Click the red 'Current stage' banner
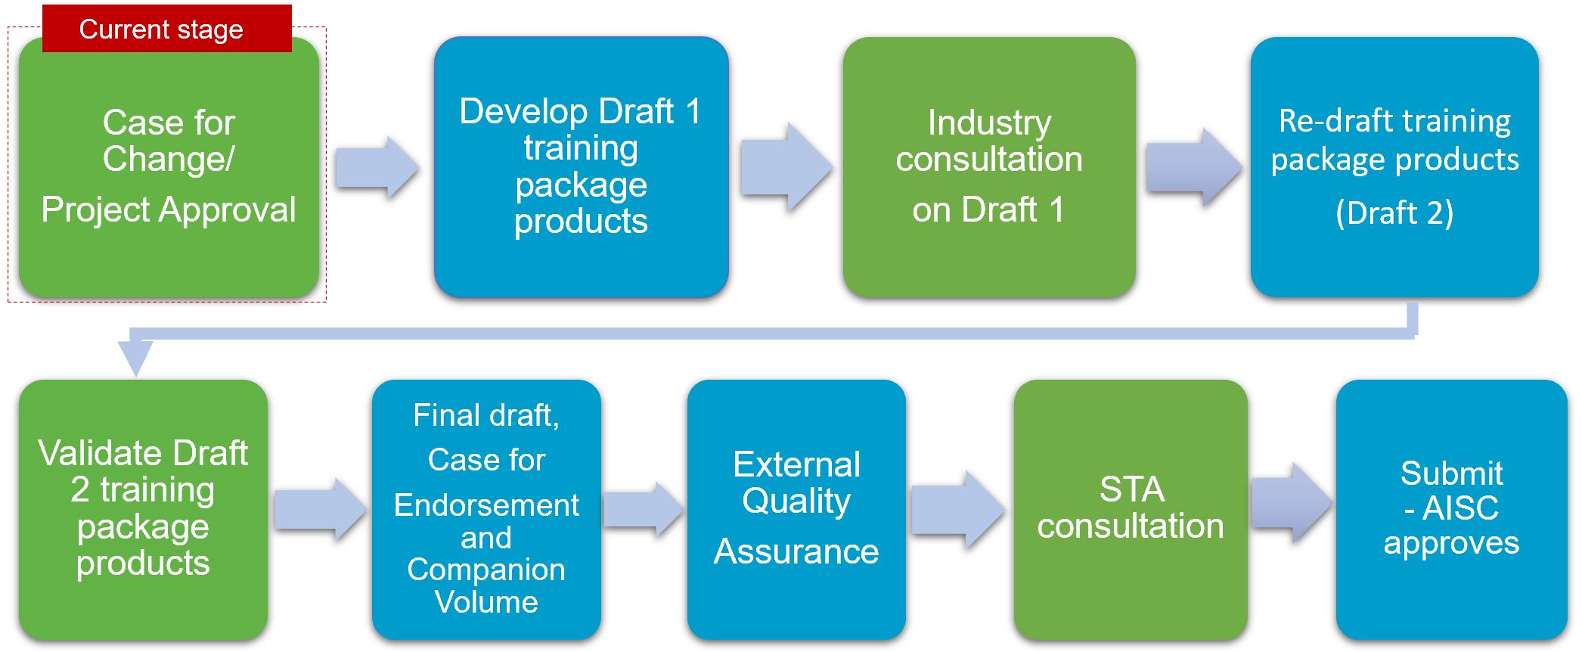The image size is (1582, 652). [167, 29]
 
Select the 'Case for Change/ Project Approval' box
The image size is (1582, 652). [169, 168]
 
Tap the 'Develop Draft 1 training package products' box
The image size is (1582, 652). [581, 166]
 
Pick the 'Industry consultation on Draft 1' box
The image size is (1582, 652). [989, 166]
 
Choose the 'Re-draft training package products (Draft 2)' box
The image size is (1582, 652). [1394, 166]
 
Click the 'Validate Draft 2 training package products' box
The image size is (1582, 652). [143, 510]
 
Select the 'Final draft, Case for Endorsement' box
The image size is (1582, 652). [486, 510]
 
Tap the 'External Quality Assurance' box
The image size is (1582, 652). [796, 510]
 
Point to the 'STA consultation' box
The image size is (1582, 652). [1131, 510]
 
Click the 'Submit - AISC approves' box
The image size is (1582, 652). [1451, 510]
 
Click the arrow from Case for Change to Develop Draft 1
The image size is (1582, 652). [377, 167]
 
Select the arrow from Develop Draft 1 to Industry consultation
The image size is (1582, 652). [786, 167]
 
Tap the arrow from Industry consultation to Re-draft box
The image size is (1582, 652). [1193, 167]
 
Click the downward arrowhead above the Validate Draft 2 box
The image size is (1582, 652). [136, 358]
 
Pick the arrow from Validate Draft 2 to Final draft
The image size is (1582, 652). [320, 509]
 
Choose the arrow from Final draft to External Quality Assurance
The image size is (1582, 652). [644, 509]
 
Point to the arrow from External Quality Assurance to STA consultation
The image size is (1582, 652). [958, 509]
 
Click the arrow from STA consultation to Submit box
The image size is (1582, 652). [1292, 503]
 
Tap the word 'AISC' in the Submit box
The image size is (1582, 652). [1460, 508]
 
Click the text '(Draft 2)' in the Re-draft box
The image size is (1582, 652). [1394, 213]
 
